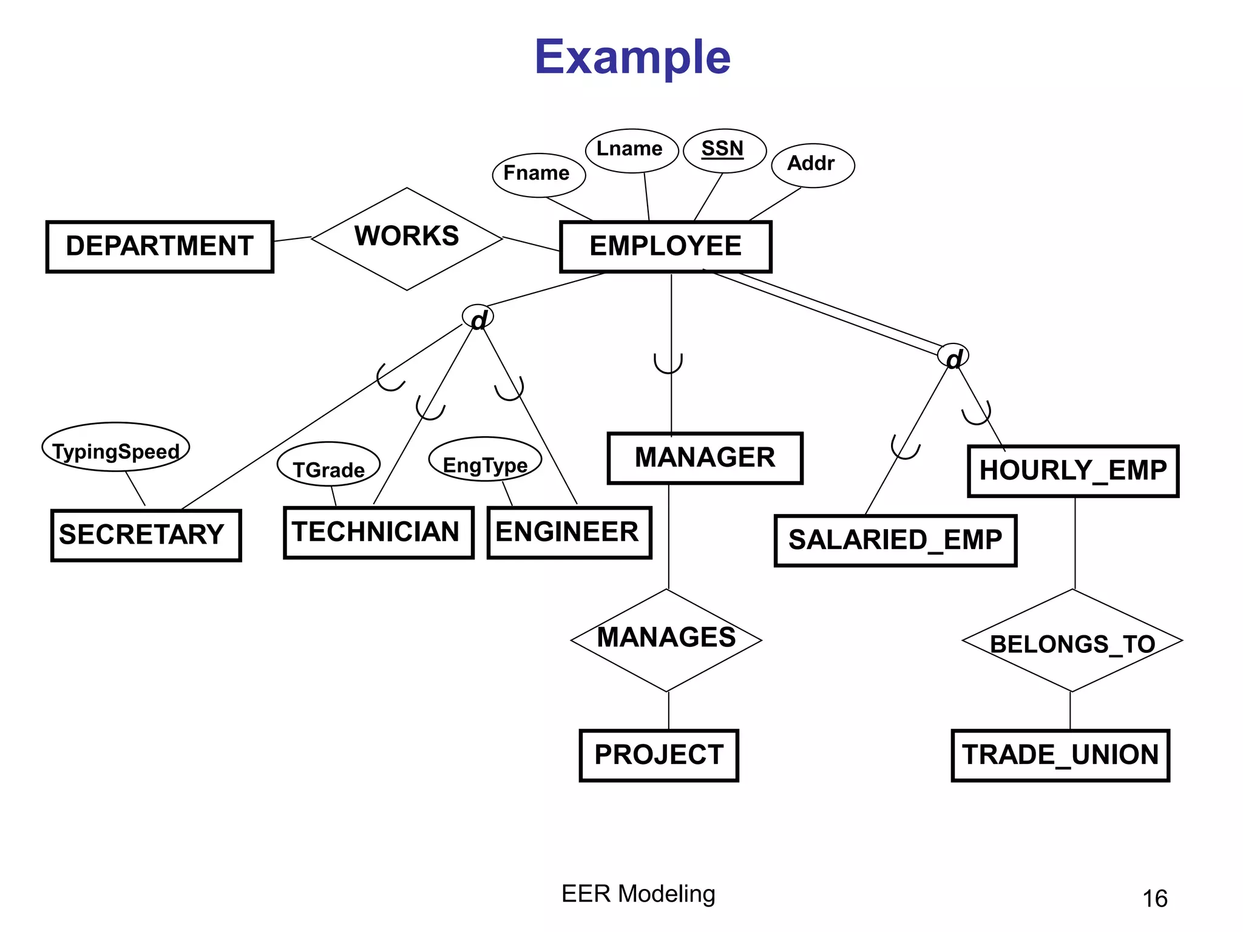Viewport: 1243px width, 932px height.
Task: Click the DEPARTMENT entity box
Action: pos(160,246)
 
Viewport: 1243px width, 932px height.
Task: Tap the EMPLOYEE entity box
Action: pos(665,246)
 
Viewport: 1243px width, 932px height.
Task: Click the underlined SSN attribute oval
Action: pos(724,150)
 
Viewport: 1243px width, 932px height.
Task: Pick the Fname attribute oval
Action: pos(538,174)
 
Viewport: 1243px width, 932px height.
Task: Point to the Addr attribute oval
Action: pos(812,164)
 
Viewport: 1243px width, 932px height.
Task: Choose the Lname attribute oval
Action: pos(631,150)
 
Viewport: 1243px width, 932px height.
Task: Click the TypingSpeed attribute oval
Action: pos(115,447)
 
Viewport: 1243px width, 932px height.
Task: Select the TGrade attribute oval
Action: pos(328,465)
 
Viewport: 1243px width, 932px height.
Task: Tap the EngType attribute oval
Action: pos(484,459)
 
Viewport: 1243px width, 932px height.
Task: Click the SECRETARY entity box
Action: pos(146,535)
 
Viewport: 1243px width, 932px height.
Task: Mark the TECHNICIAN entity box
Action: pos(378,532)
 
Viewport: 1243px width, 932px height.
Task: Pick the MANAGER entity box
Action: pos(705,458)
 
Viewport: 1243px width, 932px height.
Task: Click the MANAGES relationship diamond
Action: pos(666,640)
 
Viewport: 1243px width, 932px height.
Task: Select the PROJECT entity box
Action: pos(659,755)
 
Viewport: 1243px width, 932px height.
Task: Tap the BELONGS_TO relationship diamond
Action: pos(1072,641)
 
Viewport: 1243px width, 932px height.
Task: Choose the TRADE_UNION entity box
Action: pos(1060,755)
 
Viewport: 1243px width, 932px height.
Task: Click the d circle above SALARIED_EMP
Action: pos(953,357)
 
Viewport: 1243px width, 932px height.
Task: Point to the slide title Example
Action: pos(632,57)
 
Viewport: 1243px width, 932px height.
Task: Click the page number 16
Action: pos(1154,898)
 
